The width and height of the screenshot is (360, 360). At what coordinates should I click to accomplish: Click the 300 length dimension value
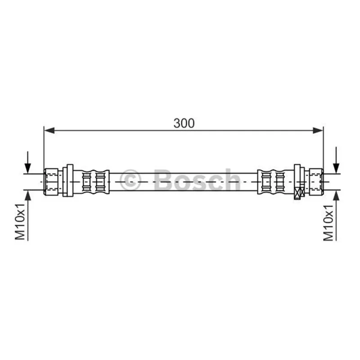(x=184, y=123)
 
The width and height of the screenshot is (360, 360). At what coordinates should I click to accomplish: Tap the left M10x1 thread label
(x=20, y=222)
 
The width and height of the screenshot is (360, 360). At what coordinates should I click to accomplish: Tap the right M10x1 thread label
(x=328, y=223)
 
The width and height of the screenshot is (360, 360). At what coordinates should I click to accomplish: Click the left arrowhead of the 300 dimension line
(x=49, y=130)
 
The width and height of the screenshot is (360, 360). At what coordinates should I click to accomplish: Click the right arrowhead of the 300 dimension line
(x=318, y=130)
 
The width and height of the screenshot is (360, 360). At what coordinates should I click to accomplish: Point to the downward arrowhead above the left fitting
(x=28, y=168)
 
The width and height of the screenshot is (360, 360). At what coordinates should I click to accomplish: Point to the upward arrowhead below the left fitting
(x=28, y=196)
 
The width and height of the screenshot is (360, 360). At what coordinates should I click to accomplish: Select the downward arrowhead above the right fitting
(x=336, y=168)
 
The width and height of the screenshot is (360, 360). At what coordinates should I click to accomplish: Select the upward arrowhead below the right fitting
(x=336, y=196)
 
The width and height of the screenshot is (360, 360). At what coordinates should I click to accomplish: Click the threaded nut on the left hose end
(x=51, y=182)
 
